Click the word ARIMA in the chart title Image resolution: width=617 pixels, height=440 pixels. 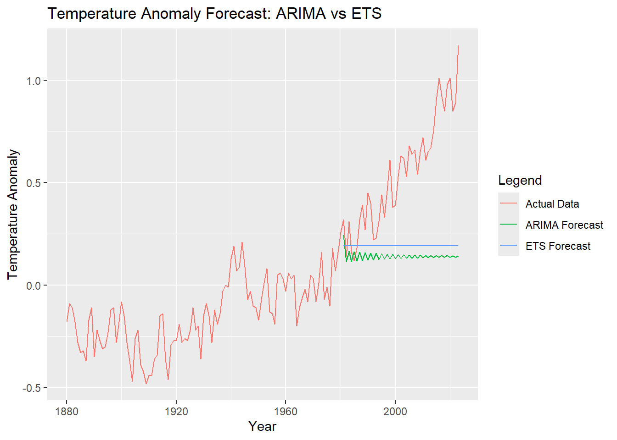tap(301, 14)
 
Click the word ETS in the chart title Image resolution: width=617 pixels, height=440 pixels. tap(366, 14)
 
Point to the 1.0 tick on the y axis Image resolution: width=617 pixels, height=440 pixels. tap(34, 81)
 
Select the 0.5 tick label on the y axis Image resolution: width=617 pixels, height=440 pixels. tap(34, 183)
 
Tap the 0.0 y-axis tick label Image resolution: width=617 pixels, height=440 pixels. tap(34, 286)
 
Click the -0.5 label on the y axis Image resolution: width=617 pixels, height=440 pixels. tap(32, 388)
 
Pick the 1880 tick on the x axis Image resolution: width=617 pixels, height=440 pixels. tap(67, 411)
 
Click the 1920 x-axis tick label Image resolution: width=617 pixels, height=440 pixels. tap(176, 411)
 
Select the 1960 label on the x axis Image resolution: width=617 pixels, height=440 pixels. tap(286, 411)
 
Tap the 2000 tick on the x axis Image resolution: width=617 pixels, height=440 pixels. tap(395, 411)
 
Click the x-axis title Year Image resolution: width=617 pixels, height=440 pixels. tap(262, 427)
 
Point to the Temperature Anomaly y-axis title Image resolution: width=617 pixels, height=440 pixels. tap(13, 214)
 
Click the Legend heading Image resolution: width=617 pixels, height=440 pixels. tap(520, 181)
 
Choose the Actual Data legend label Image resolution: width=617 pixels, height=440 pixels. tap(552, 204)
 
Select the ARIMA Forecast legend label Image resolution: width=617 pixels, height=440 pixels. tap(564, 225)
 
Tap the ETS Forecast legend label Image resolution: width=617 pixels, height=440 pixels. tap(558, 246)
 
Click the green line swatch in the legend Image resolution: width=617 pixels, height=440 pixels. tap(509, 225)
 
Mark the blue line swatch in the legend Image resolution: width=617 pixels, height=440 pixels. tap(509, 246)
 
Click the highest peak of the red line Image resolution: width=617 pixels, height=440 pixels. tap(458, 46)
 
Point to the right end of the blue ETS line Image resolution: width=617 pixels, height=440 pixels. tap(458, 246)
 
